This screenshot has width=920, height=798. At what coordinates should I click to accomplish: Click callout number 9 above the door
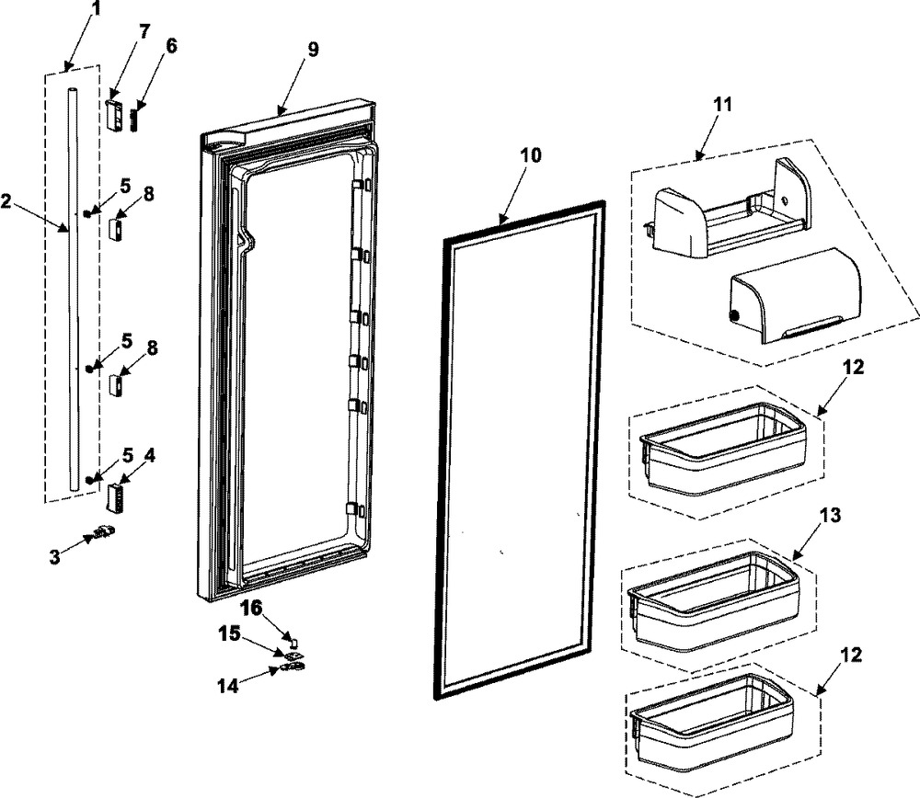313,49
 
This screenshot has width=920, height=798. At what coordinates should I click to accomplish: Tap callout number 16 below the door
252,608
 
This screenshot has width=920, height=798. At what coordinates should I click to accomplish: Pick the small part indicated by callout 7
114,116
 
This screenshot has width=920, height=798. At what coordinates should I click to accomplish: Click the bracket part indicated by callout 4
113,498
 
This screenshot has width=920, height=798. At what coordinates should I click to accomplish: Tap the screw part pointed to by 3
103,533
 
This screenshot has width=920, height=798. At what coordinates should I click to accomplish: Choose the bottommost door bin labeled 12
713,720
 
